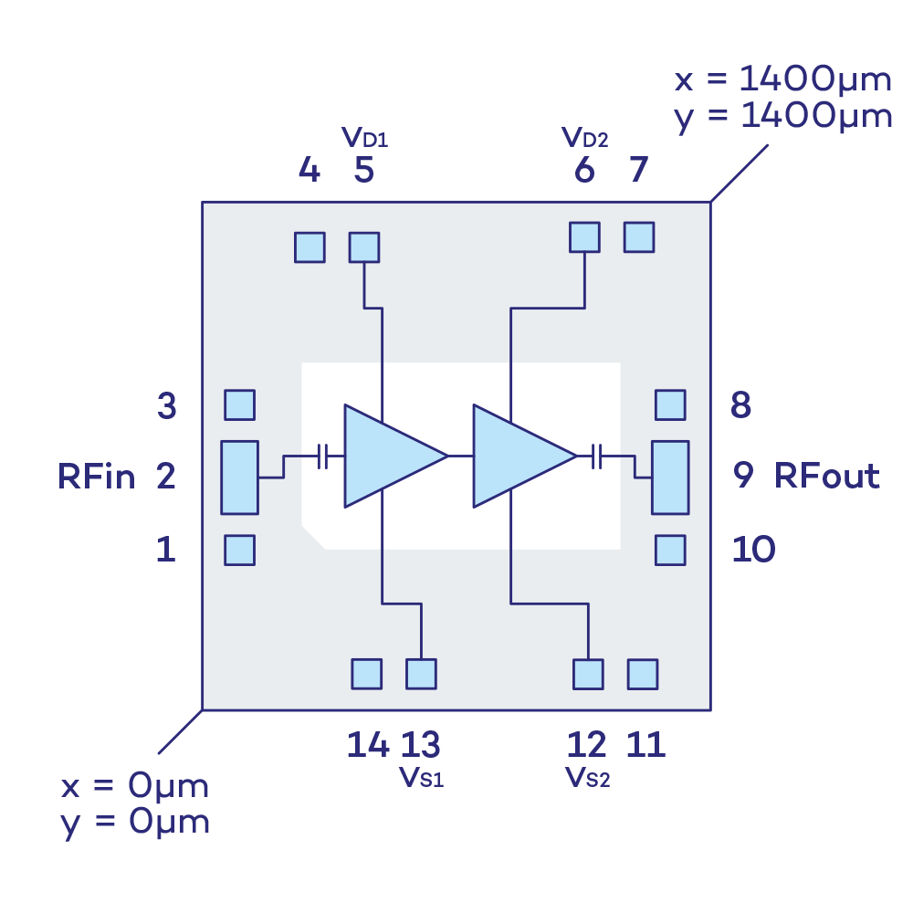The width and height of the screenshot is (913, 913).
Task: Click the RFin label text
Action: (x=97, y=477)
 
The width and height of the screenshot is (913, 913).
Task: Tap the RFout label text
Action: (x=827, y=476)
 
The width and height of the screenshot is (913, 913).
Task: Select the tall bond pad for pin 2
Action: (x=239, y=477)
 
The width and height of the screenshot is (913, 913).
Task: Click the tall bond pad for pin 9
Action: (x=669, y=477)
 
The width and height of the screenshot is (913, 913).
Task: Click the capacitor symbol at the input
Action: (x=322, y=456)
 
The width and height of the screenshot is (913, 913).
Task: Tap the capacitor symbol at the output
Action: (x=597, y=456)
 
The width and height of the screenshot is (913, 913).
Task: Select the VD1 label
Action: (x=365, y=139)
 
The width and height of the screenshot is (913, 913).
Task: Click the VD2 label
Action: (x=585, y=139)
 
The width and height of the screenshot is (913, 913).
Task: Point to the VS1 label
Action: (x=422, y=778)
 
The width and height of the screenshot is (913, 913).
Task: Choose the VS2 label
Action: (x=587, y=778)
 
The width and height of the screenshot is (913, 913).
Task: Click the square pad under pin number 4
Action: (x=310, y=247)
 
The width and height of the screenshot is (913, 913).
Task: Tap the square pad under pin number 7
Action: (x=639, y=237)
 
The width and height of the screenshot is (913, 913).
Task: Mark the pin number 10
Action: (x=753, y=550)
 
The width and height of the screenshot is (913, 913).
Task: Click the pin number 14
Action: (x=368, y=745)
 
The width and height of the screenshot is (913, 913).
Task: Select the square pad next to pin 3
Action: (x=239, y=404)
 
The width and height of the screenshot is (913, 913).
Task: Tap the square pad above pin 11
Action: (x=643, y=674)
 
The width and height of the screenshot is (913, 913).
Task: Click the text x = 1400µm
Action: (x=783, y=80)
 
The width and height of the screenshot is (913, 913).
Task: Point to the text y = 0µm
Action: (x=135, y=823)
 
